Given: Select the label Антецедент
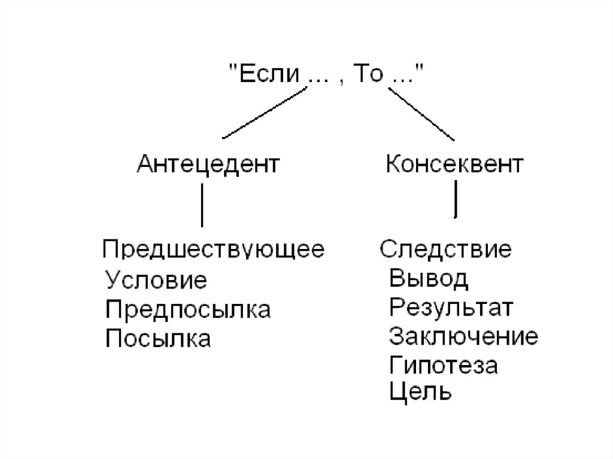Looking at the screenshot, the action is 208,163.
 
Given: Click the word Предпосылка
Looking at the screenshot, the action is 188,310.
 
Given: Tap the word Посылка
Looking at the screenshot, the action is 158,339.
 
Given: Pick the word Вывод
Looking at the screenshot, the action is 429,279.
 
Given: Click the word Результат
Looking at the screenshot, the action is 451,308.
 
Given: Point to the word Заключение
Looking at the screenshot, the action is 463,337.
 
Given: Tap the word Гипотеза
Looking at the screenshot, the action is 444,366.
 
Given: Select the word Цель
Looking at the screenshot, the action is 420,393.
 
